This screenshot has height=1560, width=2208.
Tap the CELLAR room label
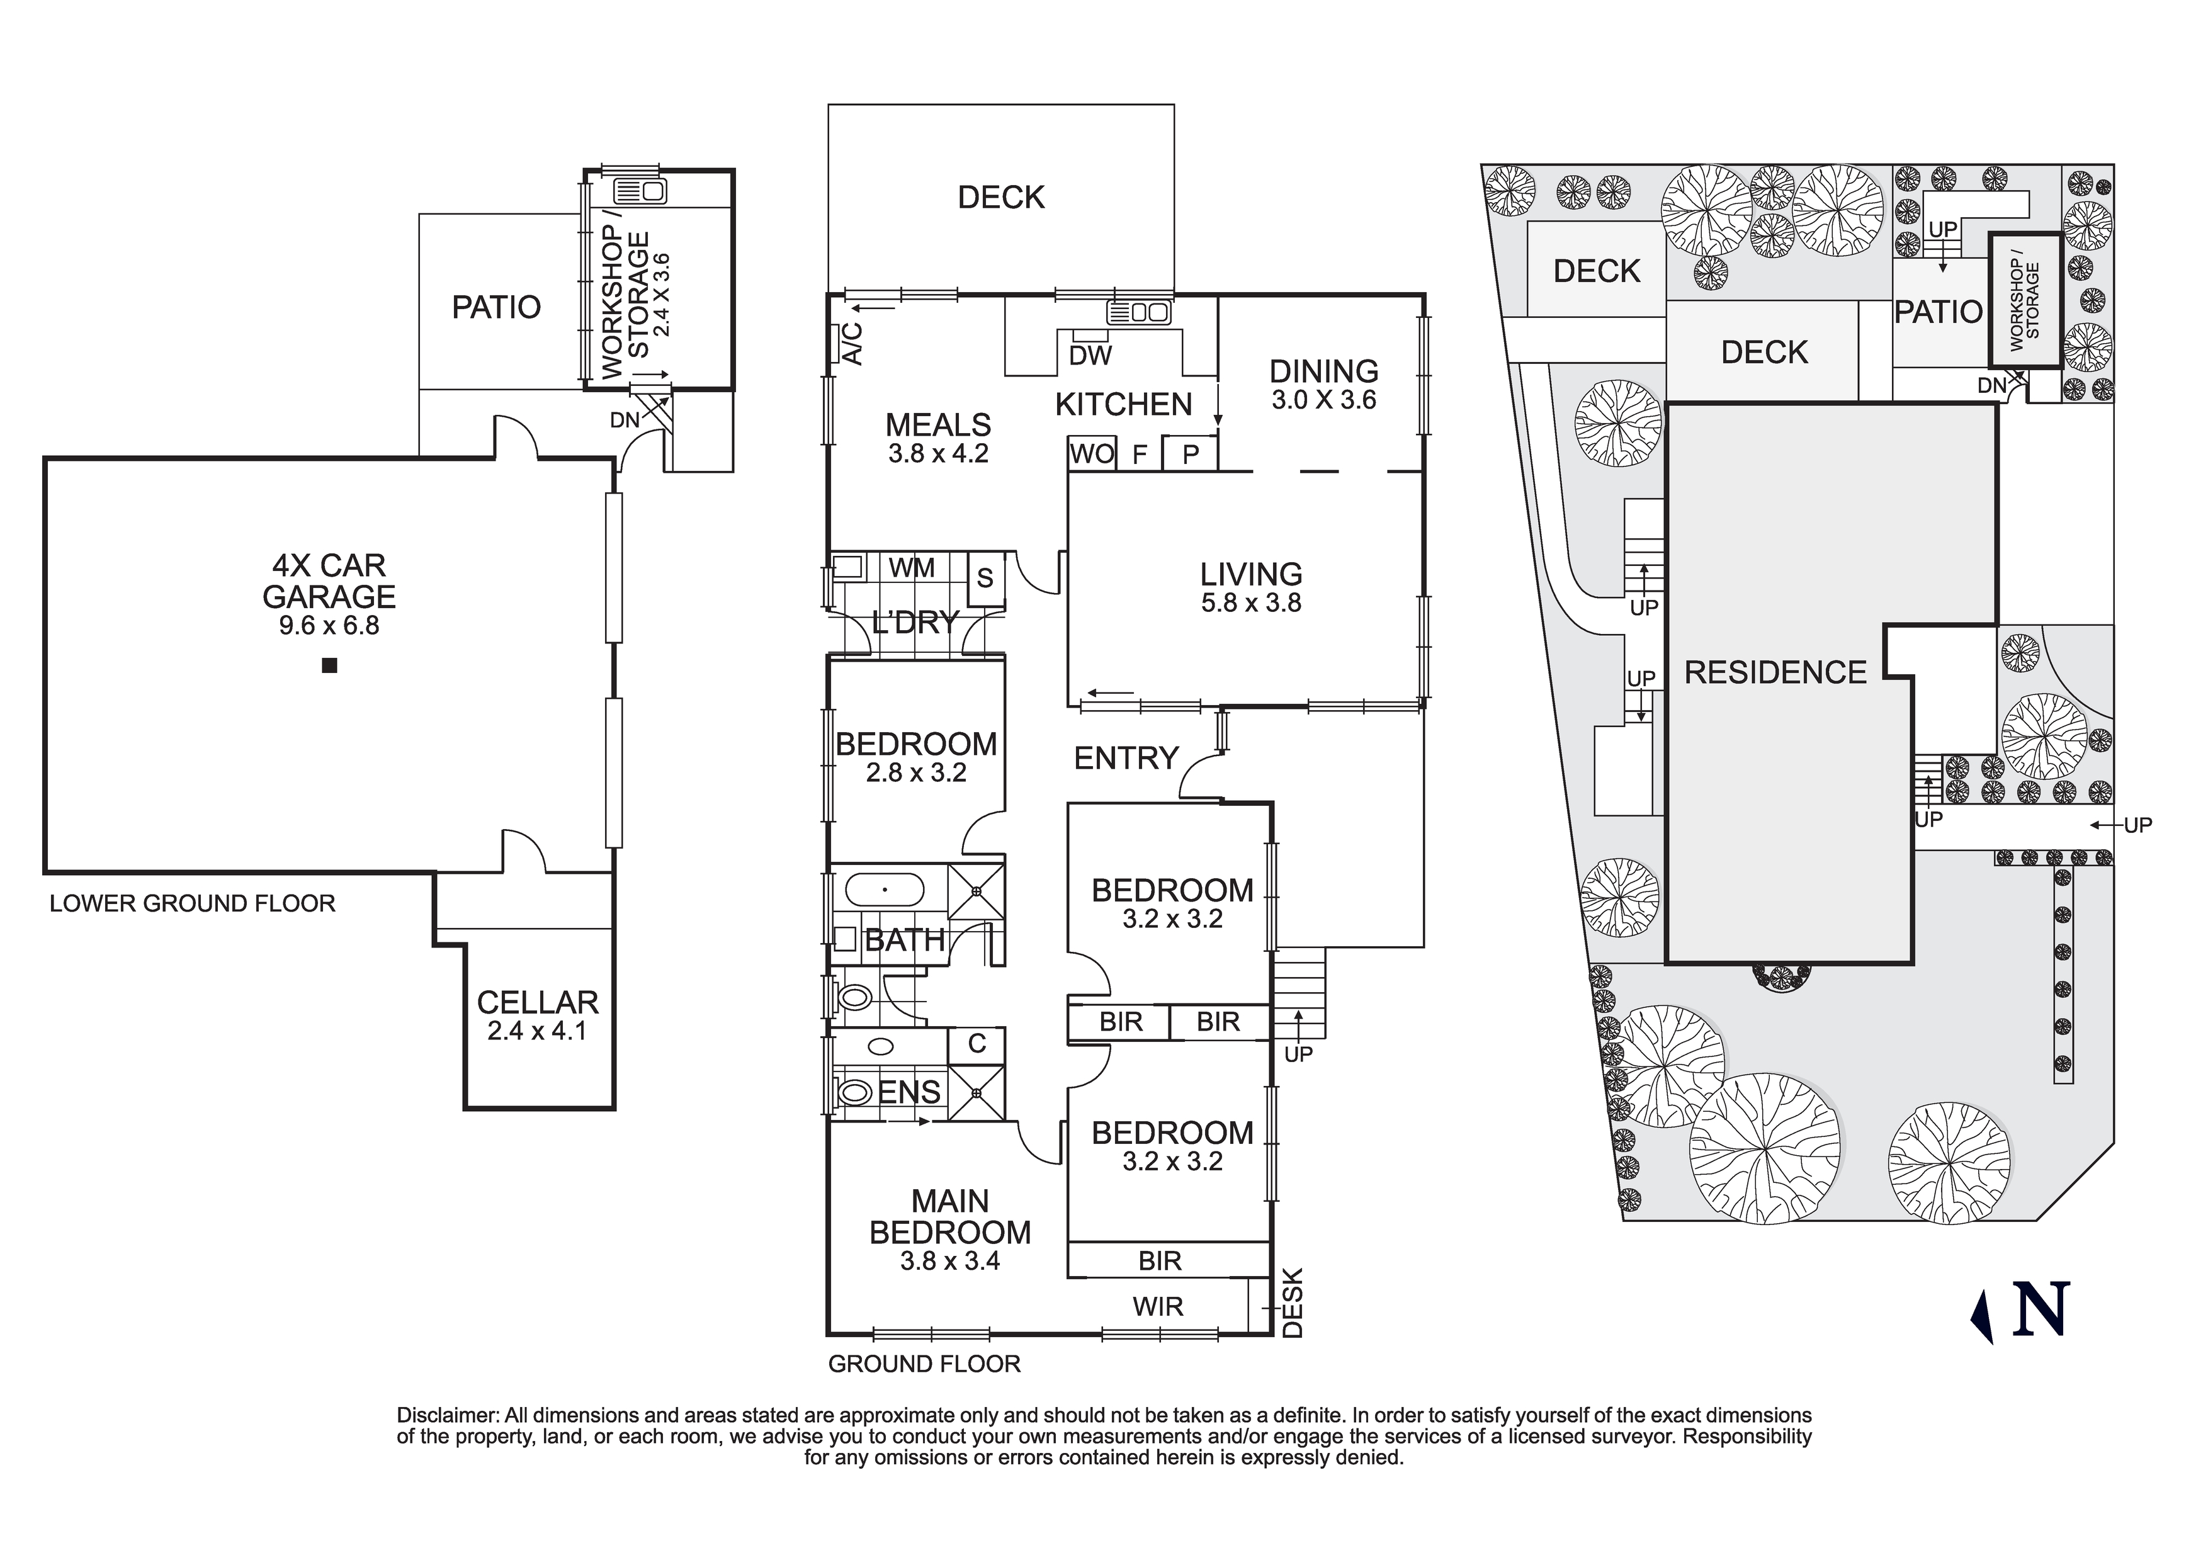[538, 1002]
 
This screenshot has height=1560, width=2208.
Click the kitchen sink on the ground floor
[1138, 313]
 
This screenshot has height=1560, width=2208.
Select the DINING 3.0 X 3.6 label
[1323, 385]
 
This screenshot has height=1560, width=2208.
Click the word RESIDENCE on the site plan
[1775, 672]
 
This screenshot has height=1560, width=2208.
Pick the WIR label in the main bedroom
[1158, 1306]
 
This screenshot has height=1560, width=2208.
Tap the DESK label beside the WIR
[1293, 1303]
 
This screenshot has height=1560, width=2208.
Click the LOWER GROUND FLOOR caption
[192, 903]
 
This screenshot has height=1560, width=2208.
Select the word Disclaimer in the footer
[446, 1416]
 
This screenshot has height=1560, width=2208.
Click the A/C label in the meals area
[852, 343]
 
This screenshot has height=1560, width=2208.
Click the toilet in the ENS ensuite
[855, 1093]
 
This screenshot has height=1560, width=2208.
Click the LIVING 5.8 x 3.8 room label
[1250, 587]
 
